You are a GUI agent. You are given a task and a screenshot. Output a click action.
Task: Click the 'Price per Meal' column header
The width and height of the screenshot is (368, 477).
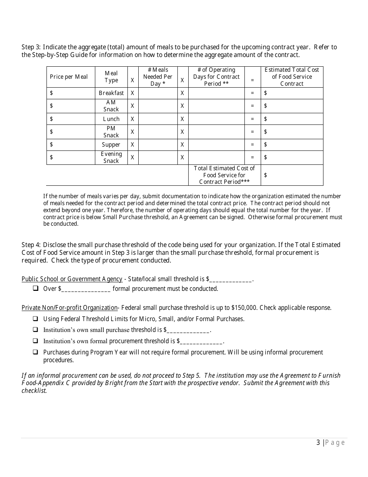69,77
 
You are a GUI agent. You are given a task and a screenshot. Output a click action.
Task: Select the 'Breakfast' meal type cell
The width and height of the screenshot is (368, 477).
111,93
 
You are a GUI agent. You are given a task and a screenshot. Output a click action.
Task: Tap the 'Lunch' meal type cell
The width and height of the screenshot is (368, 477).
111,119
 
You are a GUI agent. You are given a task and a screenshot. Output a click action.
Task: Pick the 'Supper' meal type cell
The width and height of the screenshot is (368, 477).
111,145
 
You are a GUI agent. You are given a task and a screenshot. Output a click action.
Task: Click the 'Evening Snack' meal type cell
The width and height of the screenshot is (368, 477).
111,157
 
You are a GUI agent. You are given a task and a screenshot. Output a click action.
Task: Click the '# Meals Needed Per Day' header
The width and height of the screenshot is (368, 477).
158,77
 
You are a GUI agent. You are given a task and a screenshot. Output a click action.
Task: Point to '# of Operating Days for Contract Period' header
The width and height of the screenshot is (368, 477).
216,77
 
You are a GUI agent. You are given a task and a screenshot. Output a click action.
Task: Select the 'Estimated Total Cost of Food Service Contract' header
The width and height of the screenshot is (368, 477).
292,77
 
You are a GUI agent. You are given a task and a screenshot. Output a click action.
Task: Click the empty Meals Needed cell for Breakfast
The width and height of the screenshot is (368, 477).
158,93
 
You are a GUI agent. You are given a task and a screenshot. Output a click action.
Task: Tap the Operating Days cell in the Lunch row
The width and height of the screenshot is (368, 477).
216,119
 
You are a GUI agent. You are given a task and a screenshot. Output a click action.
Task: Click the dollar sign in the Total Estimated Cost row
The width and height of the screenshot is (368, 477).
265,175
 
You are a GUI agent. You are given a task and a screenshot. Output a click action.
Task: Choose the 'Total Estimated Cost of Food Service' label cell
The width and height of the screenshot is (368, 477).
224,175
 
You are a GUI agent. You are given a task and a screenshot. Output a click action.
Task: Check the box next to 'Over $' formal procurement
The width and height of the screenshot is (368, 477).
36,289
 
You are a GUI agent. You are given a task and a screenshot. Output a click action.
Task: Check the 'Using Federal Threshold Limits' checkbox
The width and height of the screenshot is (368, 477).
36,319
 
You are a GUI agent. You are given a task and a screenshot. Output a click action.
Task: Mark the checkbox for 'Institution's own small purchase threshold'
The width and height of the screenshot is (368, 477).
36,330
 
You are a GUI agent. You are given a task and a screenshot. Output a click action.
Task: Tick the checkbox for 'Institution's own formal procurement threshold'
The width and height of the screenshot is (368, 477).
36,341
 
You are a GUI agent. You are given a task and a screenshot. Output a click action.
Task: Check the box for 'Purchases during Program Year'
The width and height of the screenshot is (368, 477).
36,353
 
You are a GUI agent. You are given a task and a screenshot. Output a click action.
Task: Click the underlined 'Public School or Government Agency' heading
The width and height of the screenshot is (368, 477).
72,279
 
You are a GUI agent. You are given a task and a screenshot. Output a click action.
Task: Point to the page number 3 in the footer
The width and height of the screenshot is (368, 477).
318,443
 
